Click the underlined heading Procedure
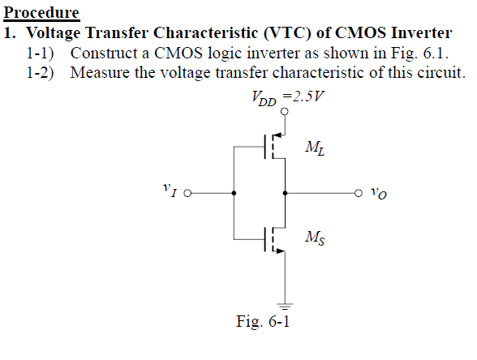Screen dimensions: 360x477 tap(42, 13)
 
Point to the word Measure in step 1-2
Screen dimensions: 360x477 tap(99, 72)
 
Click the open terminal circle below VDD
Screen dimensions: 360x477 tap(285, 114)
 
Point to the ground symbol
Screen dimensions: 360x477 tap(285, 305)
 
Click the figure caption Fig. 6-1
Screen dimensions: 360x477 tap(263, 322)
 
